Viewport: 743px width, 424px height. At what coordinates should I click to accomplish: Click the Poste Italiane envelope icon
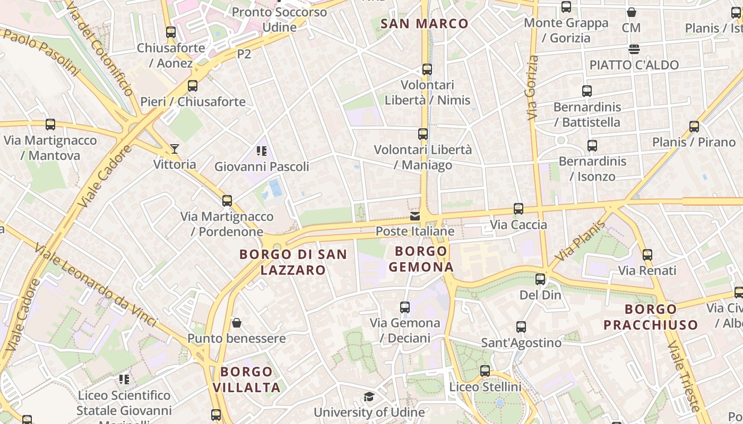point(415,216)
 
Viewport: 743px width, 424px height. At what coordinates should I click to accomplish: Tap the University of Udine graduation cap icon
point(369,397)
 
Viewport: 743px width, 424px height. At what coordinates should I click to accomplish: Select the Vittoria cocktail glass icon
point(174,149)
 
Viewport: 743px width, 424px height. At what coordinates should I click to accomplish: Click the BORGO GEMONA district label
point(421,259)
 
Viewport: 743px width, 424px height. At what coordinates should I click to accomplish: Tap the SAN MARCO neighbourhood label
point(425,23)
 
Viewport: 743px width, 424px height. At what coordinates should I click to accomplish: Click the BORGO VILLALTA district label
point(247,379)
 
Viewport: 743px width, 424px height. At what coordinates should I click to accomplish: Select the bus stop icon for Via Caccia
point(519,209)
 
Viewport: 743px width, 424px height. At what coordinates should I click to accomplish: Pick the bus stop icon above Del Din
point(540,279)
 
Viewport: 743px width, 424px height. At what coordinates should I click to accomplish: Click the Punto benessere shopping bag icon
point(237,323)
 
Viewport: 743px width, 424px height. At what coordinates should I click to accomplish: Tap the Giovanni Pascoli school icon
point(261,151)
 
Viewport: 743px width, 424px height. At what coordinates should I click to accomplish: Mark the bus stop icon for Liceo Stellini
point(485,371)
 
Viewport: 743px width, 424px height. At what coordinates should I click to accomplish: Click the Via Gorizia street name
point(532,88)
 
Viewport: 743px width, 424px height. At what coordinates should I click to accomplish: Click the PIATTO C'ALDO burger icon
point(634,49)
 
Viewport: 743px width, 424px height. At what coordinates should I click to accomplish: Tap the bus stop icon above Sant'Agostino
point(521,327)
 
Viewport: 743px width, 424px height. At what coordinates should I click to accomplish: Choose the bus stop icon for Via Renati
point(647,255)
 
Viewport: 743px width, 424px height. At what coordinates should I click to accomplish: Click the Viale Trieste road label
point(684,376)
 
